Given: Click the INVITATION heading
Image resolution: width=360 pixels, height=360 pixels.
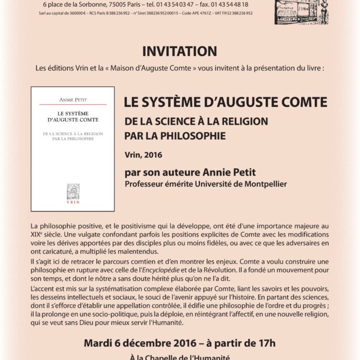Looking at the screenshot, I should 179,52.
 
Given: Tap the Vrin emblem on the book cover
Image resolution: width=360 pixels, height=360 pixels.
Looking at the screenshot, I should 73,191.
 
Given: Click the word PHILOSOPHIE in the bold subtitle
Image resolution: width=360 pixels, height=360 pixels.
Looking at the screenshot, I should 186,134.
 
